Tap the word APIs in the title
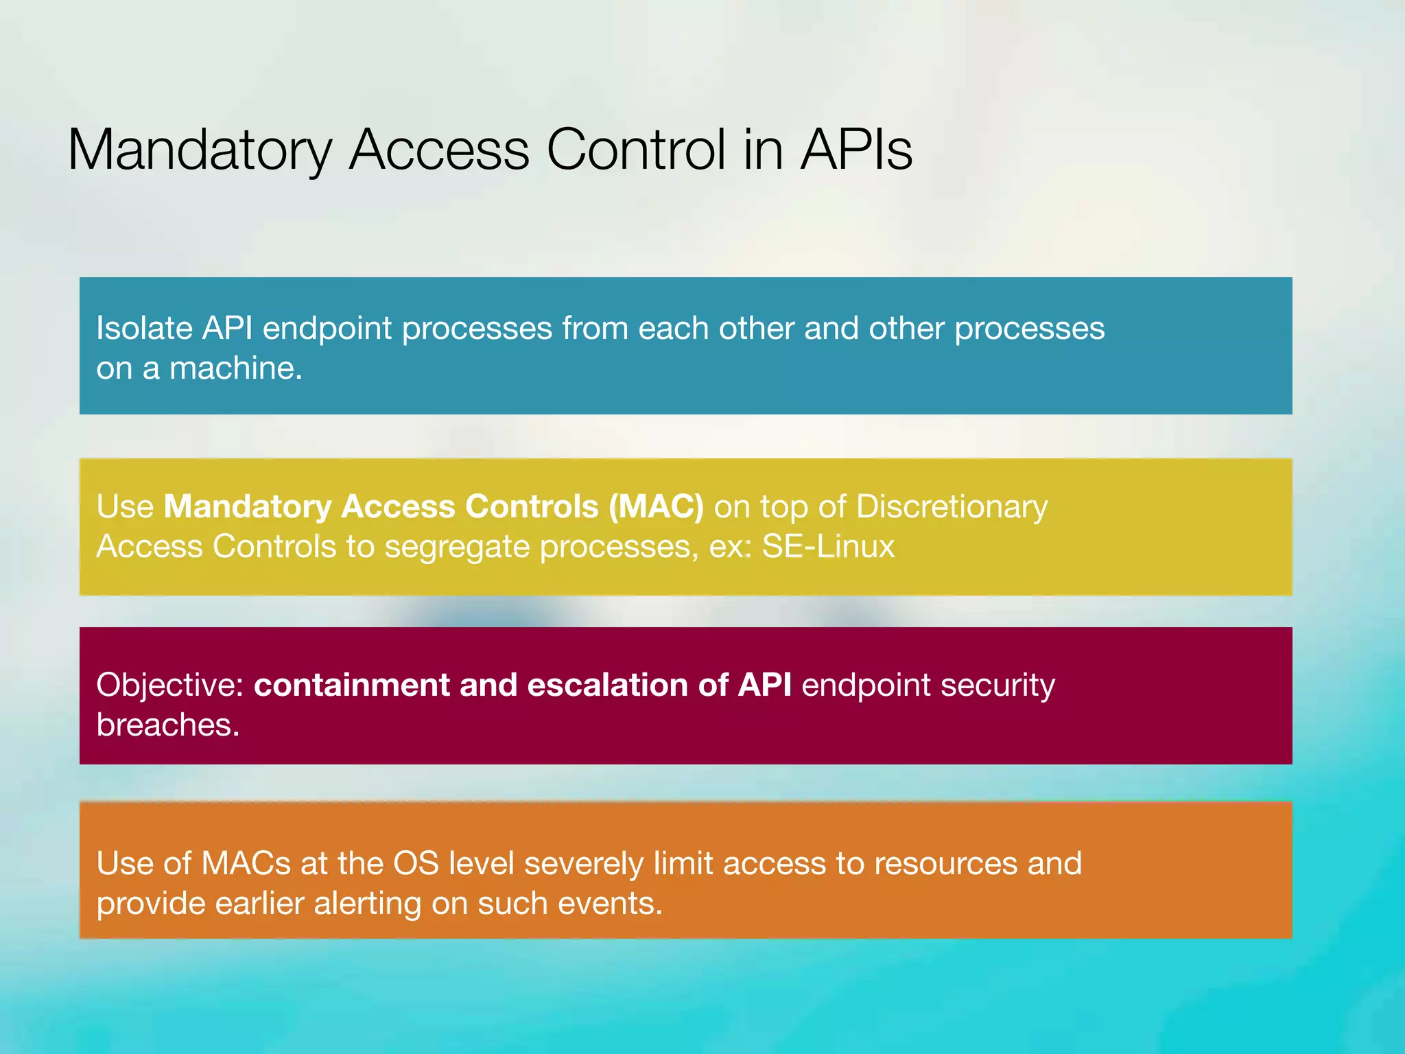point(856,150)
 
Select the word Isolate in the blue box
point(144,328)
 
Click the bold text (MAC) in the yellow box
point(656,507)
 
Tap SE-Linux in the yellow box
point(828,547)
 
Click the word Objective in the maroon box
point(169,686)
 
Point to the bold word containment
point(351,686)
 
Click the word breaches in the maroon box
point(167,725)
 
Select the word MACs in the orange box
point(246,863)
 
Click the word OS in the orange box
point(415,863)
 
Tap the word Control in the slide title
point(635,150)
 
